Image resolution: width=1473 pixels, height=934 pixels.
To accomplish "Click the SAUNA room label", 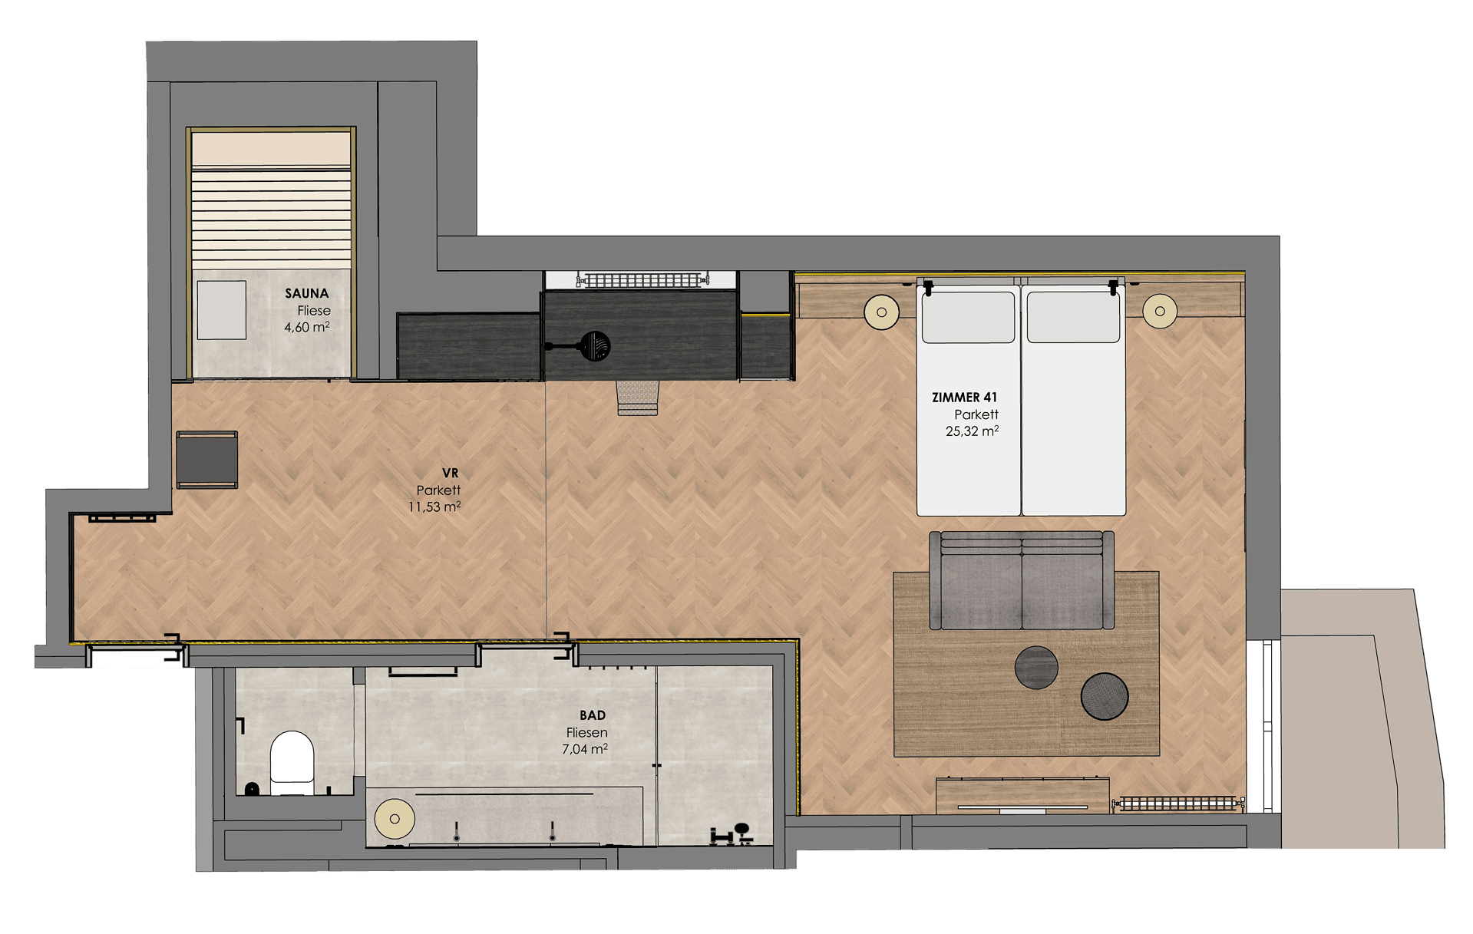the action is [x=306, y=293].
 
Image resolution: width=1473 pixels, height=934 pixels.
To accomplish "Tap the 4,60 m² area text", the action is [x=307, y=327].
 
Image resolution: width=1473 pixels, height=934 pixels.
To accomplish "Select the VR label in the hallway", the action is [x=450, y=473].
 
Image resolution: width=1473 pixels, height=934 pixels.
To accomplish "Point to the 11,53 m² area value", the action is [x=434, y=507].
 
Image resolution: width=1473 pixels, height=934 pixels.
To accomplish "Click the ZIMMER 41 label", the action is [x=964, y=397].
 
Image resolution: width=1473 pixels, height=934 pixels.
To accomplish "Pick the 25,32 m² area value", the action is [x=972, y=431].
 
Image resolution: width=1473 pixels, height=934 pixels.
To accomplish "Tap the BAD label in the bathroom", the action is [x=593, y=715].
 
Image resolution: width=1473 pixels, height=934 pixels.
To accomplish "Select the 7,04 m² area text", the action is [x=585, y=749].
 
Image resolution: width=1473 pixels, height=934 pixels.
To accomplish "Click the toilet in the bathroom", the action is [x=292, y=763].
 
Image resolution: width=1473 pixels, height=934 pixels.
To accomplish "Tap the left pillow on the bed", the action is [x=968, y=317].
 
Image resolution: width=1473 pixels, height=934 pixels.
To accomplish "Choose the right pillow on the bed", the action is [x=1073, y=317].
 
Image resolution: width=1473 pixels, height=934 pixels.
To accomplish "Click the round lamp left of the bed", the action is [x=882, y=312].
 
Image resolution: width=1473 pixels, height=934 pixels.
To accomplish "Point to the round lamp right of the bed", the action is [x=1160, y=311].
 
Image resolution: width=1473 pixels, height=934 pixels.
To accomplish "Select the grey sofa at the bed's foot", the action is [x=1022, y=580].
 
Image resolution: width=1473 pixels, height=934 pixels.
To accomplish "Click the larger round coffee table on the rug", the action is [x=1105, y=696].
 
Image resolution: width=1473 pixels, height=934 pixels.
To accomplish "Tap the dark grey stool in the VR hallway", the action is [x=207, y=460].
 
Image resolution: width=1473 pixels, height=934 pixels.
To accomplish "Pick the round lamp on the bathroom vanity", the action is [x=395, y=819].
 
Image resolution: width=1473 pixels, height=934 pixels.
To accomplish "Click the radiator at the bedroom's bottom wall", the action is [x=1177, y=804].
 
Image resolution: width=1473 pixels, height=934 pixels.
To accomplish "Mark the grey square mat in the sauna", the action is [x=222, y=310].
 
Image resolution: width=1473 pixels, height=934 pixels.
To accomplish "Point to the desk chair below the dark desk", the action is [x=638, y=398].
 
